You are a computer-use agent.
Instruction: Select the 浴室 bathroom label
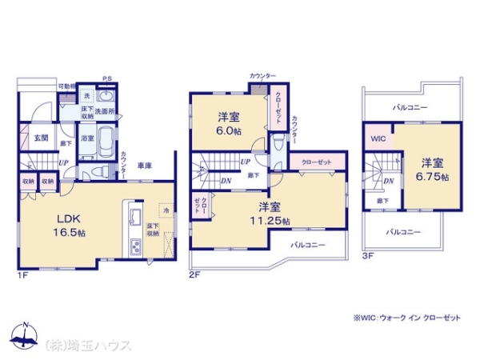click(88, 138)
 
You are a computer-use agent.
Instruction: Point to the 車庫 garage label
click(145, 166)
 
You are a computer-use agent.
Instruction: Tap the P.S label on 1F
click(106, 78)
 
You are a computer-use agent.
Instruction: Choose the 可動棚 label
click(66, 86)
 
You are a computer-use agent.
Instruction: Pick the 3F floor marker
click(367, 256)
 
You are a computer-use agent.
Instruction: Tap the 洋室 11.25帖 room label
click(273, 214)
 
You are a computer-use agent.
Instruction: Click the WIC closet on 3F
click(376, 138)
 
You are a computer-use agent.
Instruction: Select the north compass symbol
click(26, 336)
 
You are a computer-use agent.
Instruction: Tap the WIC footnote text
click(408, 317)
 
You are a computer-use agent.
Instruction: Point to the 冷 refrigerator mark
click(166, 210)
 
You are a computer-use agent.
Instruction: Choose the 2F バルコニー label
click(308, 245)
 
